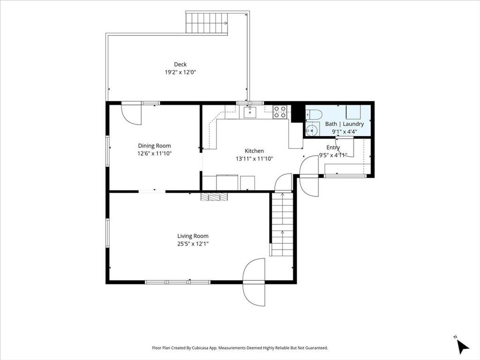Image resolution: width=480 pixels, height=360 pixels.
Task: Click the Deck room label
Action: (x=180, y=64)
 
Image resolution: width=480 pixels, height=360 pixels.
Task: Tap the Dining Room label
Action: (x=154, y=146)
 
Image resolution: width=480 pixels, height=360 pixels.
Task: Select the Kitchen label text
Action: (x=254, y=151)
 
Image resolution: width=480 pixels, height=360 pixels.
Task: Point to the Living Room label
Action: (x=193, y=236)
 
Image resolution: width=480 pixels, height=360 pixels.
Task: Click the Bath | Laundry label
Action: (x=345, y=124)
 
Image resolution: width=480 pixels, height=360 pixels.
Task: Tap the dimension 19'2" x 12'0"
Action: (x=180, y=73)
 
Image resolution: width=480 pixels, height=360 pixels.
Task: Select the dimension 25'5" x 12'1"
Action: (x=193, y=244)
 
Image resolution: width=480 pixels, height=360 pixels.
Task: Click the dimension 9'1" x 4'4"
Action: (x=345, y=132)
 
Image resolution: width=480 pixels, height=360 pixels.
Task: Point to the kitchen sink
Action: (x=250, y=112)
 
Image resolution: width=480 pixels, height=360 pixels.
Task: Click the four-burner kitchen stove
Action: (x=280, y=112)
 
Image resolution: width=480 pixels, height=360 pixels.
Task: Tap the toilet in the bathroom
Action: (x=314, y=115)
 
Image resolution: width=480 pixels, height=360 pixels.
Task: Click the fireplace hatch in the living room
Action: (x=214, y=196)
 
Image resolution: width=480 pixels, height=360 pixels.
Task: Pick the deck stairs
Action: (x=207, y=23)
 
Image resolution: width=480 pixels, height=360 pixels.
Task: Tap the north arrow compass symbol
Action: (x=462, y=345)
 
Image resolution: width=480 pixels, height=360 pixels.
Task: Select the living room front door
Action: (x=254, y=282)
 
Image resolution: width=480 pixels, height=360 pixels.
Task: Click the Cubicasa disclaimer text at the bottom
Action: (x=240, y=348)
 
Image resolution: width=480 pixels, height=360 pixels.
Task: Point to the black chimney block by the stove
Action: (x=296, y=113)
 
